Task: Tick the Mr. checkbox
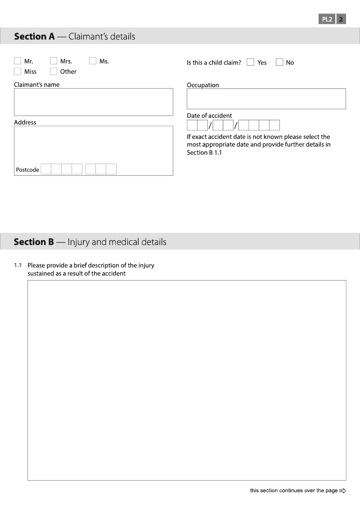[x=18, y=61]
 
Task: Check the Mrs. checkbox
[x=54, y=61]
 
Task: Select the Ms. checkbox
[x=93, y=61]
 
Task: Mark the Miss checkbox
[x=18, y=71]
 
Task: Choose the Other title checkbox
[x=54, y=71]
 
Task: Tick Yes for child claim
[x=250, y=62]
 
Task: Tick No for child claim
[x=279, y=62]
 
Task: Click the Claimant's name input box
[x=93, y=102]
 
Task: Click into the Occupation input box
[x=266, y=99]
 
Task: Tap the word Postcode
[x=27, y=170]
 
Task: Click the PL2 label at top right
[x=327, y=19]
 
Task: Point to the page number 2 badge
[x=341, y=19]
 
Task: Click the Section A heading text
[x=75, y=36]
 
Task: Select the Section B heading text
[x=90, y=242]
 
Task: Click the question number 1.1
[x=18, y=265]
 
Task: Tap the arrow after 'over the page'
[x=343, y=490]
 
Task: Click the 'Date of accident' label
[x=209, y=116]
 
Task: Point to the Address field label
[x=25, y=122]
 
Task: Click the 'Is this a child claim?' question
[x=214, y=62]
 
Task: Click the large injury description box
[x=187, y=380]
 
